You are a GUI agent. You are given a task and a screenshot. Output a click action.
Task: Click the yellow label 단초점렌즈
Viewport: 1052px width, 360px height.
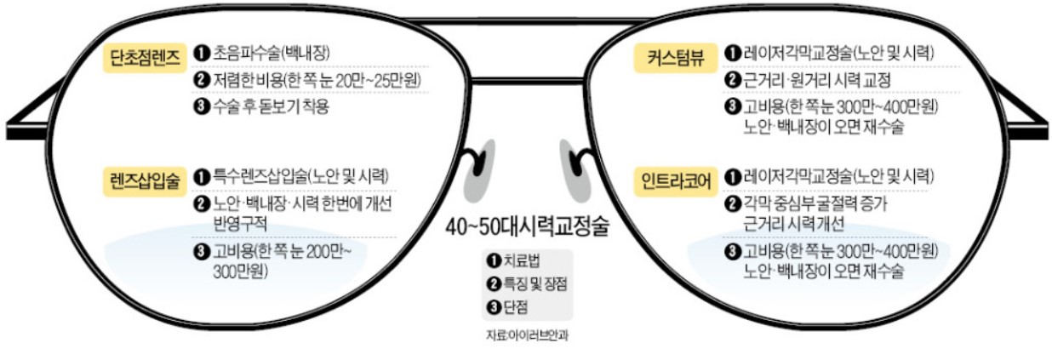pyautogui.click(x=146, y=58)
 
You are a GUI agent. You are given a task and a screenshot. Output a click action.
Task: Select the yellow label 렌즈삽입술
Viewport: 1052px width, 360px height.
pyautogui.click(x=146, y=180)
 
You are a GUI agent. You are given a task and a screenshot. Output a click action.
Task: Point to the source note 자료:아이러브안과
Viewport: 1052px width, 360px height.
pyautogui.click(x=527, y=334)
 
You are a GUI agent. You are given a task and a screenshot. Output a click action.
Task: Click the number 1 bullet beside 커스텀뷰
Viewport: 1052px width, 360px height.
pyautogui.click(x=731, y=53)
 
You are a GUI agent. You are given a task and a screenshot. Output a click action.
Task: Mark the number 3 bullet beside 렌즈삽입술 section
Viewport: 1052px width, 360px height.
pyautogui.click(x=201, y=252)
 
